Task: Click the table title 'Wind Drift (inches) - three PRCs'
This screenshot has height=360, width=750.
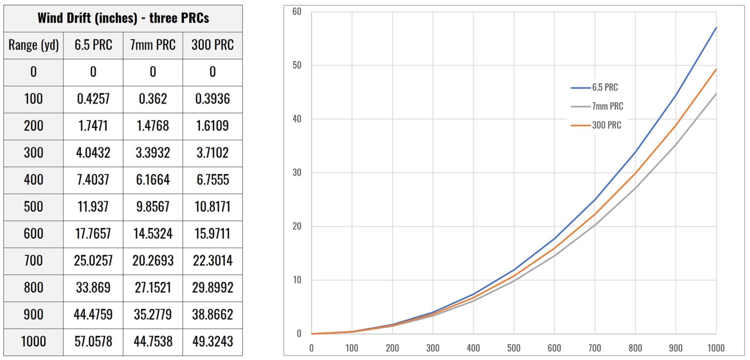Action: pyautogui.click(x=123, y=19)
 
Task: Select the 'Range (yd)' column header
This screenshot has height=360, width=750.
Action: pyautogui.click(x=33, y=45)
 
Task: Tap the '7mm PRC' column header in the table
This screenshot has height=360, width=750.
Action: pyautogui.click(x=153, y=45)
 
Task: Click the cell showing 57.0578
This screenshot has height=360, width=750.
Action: pyautogui.click(x=93, y=340)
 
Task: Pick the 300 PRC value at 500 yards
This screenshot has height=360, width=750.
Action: pyautogui.click(x=212, y=207)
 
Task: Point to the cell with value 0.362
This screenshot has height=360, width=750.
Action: pyautogui.click(x=153, y=99)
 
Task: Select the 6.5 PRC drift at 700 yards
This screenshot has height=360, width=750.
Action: pyautogui.click(x=93, y=260)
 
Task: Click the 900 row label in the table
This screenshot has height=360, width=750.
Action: pyautogui.click(x=33, y=314)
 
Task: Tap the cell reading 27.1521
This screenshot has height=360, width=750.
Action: pyautogui.click(x=153, y=287)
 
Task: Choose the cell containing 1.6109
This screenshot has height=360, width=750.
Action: pyautogui.click(x=212, y=126)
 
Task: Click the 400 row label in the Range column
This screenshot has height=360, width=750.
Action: pyautogui.click(x=33, y=180)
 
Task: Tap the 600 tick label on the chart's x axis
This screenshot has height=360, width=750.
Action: pyautogui.click(x=554, y=348)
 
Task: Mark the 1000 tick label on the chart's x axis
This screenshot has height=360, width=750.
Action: pyautogui.click(x=716, y=348)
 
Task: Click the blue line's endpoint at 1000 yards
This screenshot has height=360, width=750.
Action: pyautogui.click(x=716, y=28)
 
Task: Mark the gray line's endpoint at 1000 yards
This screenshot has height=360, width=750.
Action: pyautogui.click(x=716, y=93)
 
